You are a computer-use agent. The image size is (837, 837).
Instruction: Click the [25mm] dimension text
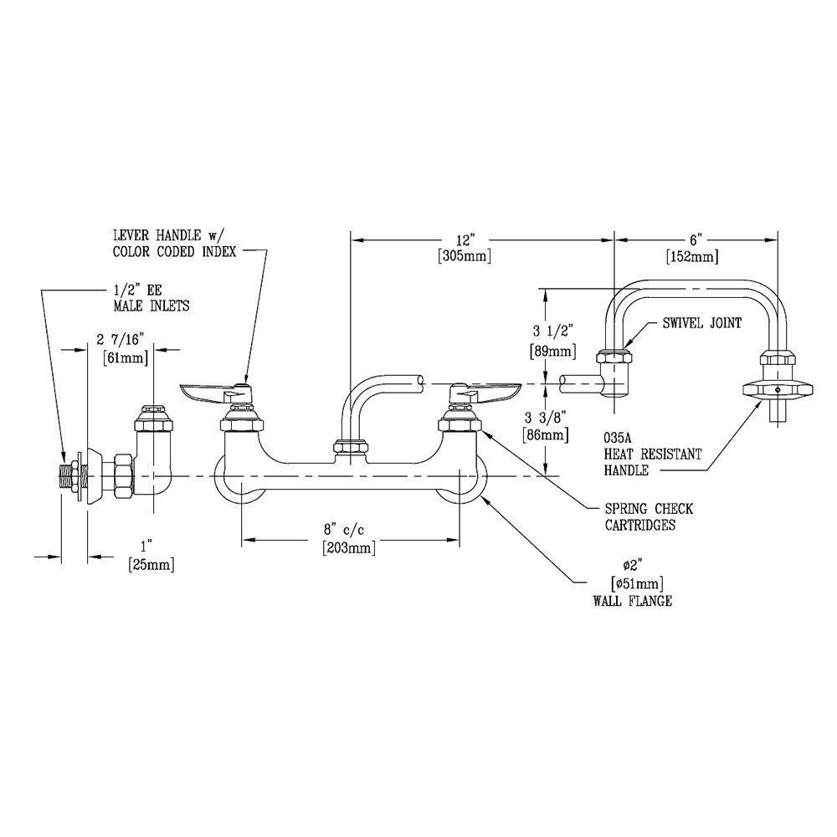(x=151, y=566)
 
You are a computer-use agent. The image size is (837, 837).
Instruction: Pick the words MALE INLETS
(x=151, y=306)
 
